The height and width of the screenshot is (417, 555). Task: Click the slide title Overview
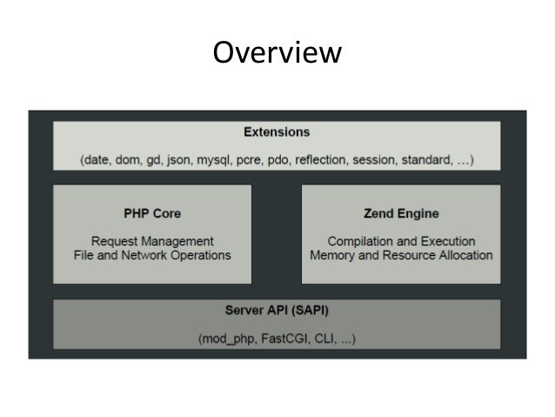pyautogui.click(x=277, y=53)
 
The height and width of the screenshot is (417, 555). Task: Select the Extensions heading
pyautogui.click(x=277, y=132)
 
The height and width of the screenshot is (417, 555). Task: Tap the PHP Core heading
pyautogui.click(x=152, y=212)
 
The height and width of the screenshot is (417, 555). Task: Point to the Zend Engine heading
pyautogui.click(x=401, y=212)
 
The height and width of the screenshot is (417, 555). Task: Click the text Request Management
pyautogui.click(x=152, y=240)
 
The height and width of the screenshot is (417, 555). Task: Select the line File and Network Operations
pyautogui.click(x=152, y=255)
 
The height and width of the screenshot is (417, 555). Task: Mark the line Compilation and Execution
pyautogui.click(x=401, y=240)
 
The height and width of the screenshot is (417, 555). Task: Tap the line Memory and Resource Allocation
pyautogui.click(x=401, y=255)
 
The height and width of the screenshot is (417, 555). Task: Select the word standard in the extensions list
pyautogui.click(x=433, y=159)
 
